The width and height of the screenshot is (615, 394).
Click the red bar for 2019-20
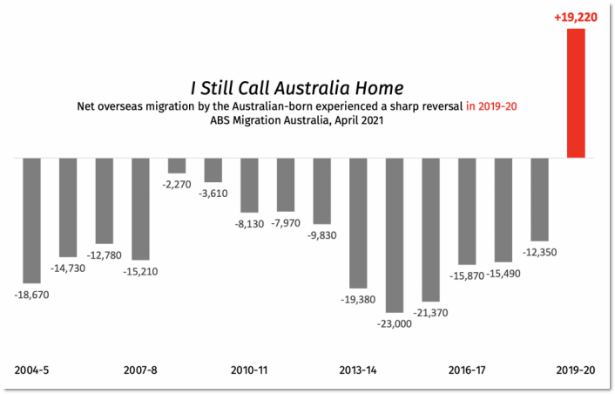pyautogui.click(x=576, y=93)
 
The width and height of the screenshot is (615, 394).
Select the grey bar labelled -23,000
pyautogui.click(x=395, y=234)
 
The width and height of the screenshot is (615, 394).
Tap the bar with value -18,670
pyautogui.click(x=31, y=221)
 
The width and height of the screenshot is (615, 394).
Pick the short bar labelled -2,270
pyautogui.click(x=177, y=166)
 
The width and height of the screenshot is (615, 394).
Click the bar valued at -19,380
pyautogui.click(x=358, y=222)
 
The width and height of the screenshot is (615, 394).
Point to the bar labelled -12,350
pyautogui.click(x=539, y=199)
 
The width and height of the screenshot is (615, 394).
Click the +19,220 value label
pyautogui.click(x=575, y=17)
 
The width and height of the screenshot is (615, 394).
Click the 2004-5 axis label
pyautogui.click(x=31, y=370)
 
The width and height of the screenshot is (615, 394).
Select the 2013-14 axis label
pyautogui.click(x=358, y=370)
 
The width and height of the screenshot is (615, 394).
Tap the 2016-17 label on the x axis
pyautogui.click(x=467, y=370)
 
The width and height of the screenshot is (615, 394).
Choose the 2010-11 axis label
pyautogui.click(x=249, y=370)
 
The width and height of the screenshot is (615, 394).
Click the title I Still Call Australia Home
pyautogui.click(x=296, y=87)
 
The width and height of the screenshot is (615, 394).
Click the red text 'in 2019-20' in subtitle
pyautogui.click(x=491, y=105)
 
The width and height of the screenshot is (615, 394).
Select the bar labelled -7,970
pyautogui.click(x=286, y=184)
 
